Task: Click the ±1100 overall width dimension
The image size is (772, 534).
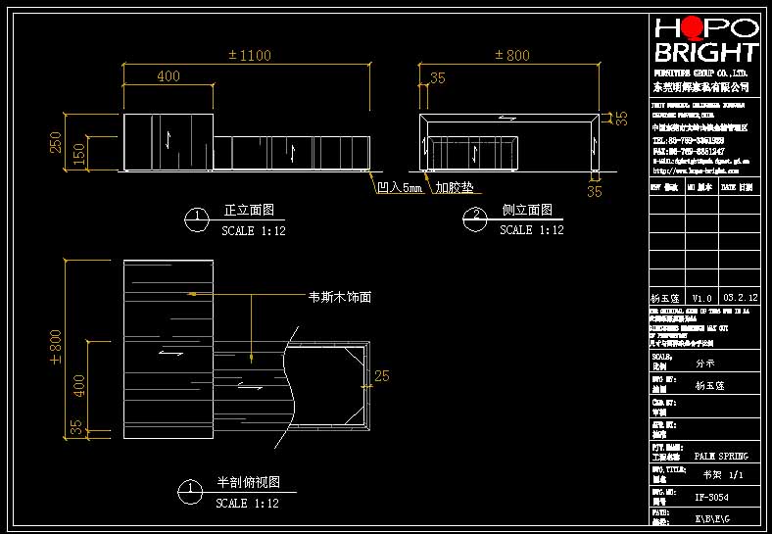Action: [x=249, y=55]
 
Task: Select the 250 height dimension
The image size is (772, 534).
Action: [x=57, y=142]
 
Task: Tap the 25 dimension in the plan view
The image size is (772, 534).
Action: [x=382, y=375]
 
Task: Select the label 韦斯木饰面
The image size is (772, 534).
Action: [x=339, y=297]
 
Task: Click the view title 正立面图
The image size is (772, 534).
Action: [x=249, y=211]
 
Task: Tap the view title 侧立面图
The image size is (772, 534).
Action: [x=527, y=211]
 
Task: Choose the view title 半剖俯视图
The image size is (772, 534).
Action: [x=249, y=483]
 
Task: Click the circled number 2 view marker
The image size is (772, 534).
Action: [x=477, y=218]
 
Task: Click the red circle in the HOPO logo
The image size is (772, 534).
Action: [x=692, y=28]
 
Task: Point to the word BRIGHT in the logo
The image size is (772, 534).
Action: [x=705, y=53]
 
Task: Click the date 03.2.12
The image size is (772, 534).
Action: [x=739, y=296]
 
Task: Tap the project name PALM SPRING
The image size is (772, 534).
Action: [x=721, y=457]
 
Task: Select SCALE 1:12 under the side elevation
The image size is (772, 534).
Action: [x=531, y=230]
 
